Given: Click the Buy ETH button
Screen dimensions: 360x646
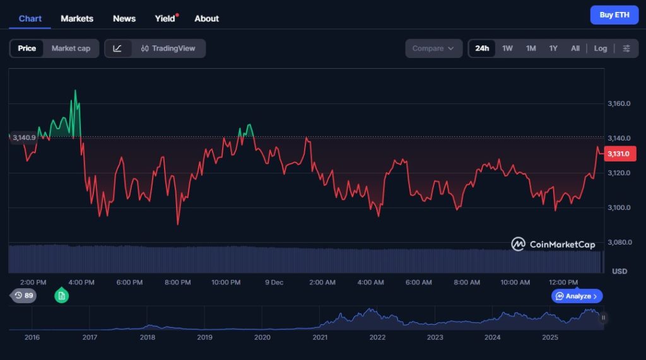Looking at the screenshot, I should (614, 15).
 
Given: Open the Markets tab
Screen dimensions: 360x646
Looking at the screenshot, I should (77, 18).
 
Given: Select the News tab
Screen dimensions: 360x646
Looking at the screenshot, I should (124, 18).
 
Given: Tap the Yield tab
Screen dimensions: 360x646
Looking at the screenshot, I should (165, 18).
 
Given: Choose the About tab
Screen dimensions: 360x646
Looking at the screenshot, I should (207, 18).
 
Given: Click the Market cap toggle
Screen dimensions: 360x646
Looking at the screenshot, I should (71, 49).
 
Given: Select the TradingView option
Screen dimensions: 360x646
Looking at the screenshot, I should (168, 49).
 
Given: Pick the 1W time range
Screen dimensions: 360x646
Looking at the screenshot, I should (507, 49).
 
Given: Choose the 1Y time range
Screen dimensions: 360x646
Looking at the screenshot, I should (553, 49).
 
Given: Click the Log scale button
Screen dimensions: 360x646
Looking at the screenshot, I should (601, 49).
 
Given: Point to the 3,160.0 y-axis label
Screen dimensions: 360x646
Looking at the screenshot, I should (619, 103).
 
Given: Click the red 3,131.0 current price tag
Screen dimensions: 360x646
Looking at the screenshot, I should (621, 153).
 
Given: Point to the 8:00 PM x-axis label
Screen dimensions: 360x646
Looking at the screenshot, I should (177, 282).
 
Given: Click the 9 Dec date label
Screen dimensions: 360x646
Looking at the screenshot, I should (274, 282).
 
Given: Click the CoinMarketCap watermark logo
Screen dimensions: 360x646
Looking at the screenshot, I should (553, 244).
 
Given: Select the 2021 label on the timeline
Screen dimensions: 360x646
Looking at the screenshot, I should (320, 338).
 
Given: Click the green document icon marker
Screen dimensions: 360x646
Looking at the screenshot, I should (61, 295).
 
